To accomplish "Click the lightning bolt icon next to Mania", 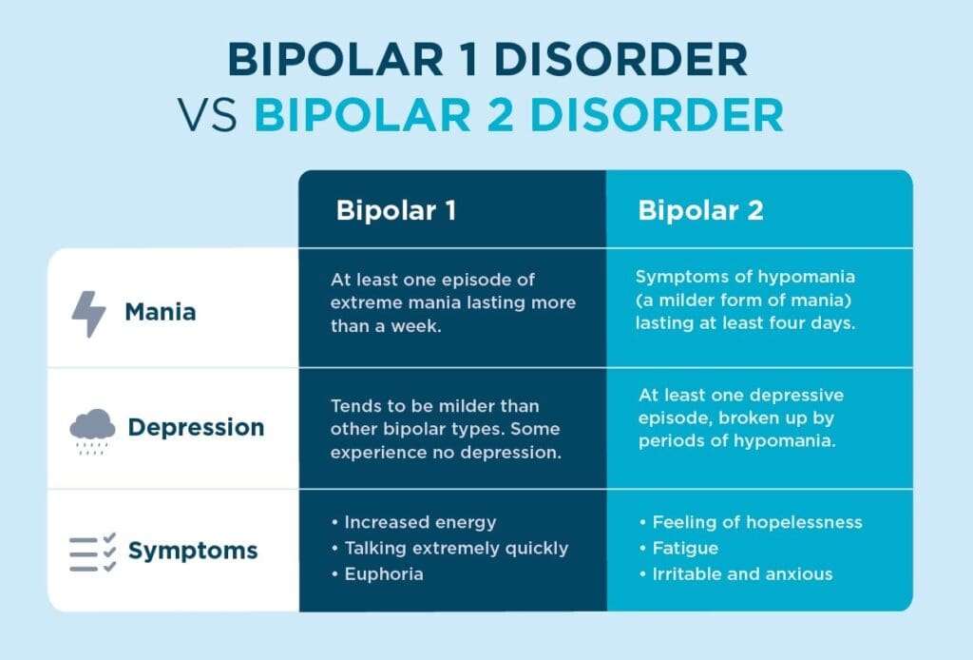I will point(88,313).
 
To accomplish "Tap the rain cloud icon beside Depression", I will point(92,430).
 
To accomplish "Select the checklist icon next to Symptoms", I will point(92,552).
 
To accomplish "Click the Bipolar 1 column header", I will point(395,210).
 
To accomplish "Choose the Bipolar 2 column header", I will point(700,210).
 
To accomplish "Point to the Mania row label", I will point(160,312).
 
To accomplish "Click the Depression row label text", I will point(196,428).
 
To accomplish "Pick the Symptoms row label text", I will point(192,550).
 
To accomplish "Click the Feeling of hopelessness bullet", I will point(751,523).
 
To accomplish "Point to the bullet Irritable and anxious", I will point(741,573).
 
